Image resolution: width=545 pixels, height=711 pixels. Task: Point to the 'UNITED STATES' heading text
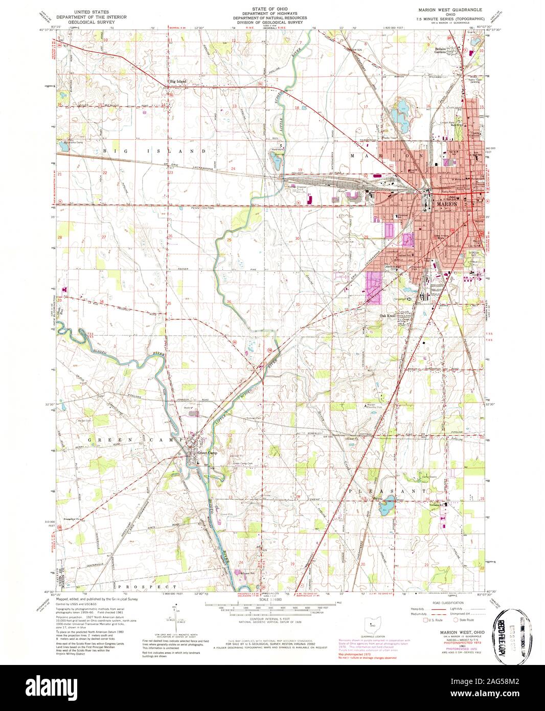pyautogui.click(x=88, y=11)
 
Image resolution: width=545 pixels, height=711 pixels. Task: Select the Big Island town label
pyautogui.click(x=178, y=81)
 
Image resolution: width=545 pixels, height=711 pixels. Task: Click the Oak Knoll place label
pyautogui.click(x=388, y=316)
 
